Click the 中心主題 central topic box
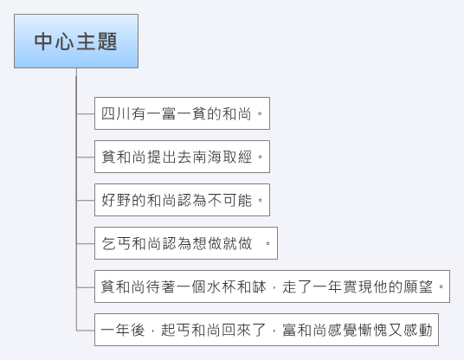coord(76,42)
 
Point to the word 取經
coord(237,157)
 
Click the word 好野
coord(116,200)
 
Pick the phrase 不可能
coord(230,200)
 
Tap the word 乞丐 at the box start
coord(116,244)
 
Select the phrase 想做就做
coord(222,244)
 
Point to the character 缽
coord(260,287)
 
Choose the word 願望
coord(418,287)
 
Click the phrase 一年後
coord(123,330)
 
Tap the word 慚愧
coord(373,330)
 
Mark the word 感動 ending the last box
coord(418,330)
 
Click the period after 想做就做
coord(267,243)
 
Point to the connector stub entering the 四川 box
coord(86,113)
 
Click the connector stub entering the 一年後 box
coord(86,330)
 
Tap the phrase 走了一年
coord(313,287)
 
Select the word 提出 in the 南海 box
coord(162,157)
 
